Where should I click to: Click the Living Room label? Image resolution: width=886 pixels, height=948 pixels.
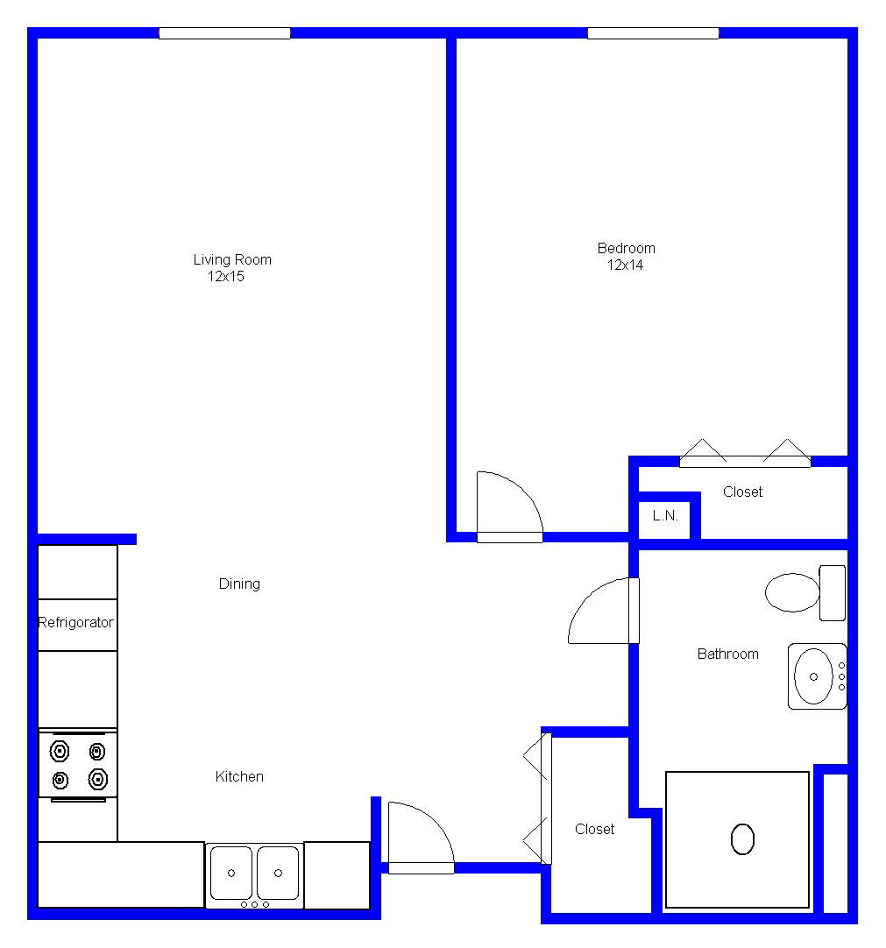232,260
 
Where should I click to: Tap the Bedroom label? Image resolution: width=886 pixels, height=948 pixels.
626,249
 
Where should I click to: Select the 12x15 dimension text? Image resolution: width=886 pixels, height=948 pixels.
225,277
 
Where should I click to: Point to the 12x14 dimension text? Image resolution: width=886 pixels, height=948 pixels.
625,265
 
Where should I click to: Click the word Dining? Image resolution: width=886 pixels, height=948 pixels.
239,584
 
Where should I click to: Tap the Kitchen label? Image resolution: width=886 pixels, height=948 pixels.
239,776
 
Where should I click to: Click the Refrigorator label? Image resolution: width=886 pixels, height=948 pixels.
75,623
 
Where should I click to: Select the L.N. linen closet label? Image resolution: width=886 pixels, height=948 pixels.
665,516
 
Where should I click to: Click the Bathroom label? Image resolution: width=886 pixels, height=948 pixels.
727,654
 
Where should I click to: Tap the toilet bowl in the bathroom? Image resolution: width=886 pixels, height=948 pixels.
792,592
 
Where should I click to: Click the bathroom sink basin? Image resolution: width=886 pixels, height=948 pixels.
813,676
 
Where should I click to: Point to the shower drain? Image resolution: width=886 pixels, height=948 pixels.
742,839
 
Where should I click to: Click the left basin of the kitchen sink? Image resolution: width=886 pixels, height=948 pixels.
231,873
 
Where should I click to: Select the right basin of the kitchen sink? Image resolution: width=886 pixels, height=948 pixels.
278,873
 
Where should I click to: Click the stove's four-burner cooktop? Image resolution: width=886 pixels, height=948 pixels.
78,766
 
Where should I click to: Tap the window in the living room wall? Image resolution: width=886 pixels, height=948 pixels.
224,33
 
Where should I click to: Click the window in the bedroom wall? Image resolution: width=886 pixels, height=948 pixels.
653,33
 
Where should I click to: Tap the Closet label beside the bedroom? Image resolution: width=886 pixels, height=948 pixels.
742,492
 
